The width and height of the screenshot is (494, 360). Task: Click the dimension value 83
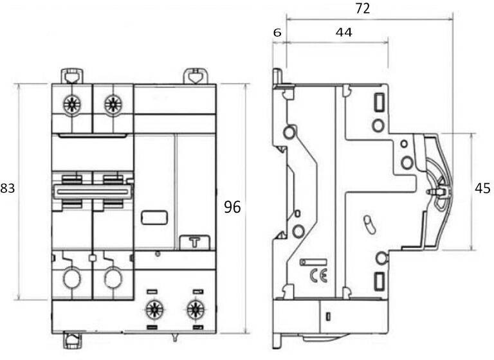(8, 188)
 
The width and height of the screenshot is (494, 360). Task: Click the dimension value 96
(232, 207)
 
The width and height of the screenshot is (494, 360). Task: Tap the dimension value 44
(344, 32)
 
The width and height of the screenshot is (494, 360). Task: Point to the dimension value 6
(277, 32)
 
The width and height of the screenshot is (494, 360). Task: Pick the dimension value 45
(482, 188)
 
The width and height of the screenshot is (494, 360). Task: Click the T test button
(195, 242)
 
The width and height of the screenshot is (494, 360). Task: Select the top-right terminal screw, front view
(113, 103)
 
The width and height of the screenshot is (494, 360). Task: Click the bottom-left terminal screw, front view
(154, 309)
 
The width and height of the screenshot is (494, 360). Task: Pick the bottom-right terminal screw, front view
(195, 309)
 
